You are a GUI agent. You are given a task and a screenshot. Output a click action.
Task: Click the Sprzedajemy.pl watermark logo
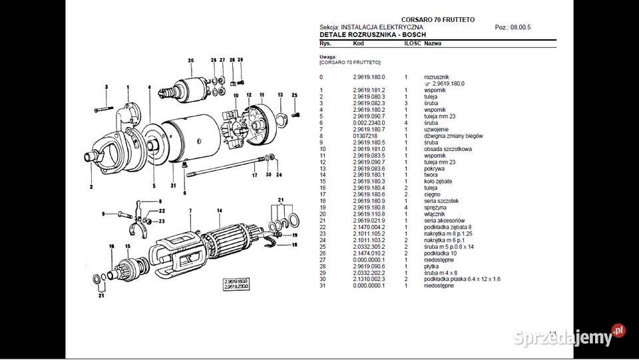[569, 337]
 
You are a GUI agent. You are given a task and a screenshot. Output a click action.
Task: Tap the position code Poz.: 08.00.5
[513, 27]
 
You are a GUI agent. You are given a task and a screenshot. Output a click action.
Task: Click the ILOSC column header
[411, 43]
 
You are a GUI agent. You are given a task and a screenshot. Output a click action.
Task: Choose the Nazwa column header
[433, 43]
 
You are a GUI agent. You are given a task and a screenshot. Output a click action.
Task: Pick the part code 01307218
[365, 136]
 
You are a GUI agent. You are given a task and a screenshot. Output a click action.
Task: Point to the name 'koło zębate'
[439, 181]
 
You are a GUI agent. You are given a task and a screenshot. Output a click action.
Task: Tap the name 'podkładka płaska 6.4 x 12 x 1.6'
[463, 279]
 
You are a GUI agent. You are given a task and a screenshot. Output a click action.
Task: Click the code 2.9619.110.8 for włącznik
[369, 214]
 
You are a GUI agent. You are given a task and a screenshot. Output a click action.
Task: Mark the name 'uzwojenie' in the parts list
[437, 130]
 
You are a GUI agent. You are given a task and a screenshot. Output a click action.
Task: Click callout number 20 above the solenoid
[190, 61]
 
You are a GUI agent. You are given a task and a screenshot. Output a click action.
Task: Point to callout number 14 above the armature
[219, 211]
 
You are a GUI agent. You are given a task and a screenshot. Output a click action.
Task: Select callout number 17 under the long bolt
[254, 175]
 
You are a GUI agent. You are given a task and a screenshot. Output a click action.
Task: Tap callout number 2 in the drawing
[91, 187]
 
